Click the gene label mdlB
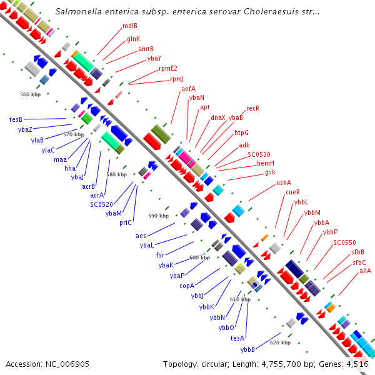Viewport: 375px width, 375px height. pos(129,26)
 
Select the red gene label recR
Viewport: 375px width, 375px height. pos(252,108)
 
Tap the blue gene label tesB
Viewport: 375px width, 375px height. pos(16,119)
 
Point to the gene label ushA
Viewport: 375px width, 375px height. pos(284,182)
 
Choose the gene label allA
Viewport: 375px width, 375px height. pos(365,271)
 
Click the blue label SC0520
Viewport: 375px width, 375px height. pos(101,204)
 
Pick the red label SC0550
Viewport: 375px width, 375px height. pos(344,242)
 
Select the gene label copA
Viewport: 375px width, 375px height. pos(187,286)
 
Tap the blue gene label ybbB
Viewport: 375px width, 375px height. pos(247,349)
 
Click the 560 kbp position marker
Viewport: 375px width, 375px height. pos(30,94)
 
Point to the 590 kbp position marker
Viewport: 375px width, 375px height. pos(159,216)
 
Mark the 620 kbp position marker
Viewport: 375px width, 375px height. pos(280,342)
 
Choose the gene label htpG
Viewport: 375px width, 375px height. pos(241,132)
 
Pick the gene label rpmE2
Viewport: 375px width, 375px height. pos(168,68)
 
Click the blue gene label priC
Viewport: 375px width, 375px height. pos(126,222)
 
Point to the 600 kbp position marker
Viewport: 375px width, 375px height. pos(199,257)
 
